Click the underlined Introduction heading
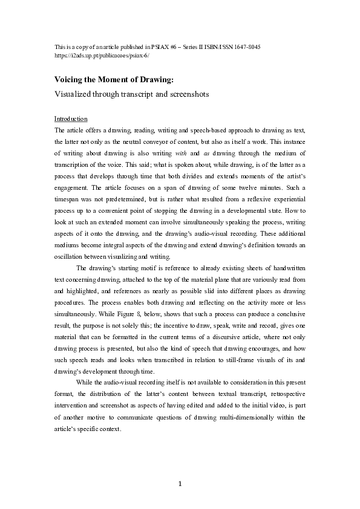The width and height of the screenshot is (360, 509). click(71, 118)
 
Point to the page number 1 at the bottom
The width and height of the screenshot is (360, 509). click(180, 484)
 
